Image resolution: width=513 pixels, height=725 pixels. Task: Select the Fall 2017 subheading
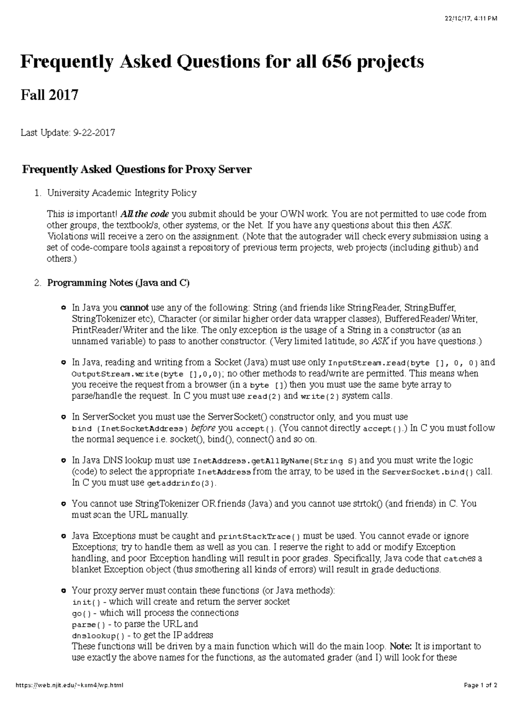(50, 94)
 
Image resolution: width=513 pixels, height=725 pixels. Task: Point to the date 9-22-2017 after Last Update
(93, 133)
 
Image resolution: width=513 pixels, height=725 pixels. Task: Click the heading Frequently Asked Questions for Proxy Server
(137, 170)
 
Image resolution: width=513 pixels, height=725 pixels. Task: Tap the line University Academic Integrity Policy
(122, 193)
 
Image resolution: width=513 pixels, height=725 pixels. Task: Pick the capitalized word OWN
(291, 214)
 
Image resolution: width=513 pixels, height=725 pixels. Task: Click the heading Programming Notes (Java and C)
(118, 283)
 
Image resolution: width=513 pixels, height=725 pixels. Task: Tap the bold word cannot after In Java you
(134, 308)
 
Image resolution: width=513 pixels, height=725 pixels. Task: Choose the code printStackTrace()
(259, 536)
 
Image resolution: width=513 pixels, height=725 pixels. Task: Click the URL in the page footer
(69, 697)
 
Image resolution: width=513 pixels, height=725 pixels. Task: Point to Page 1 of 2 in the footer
(480, 697)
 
